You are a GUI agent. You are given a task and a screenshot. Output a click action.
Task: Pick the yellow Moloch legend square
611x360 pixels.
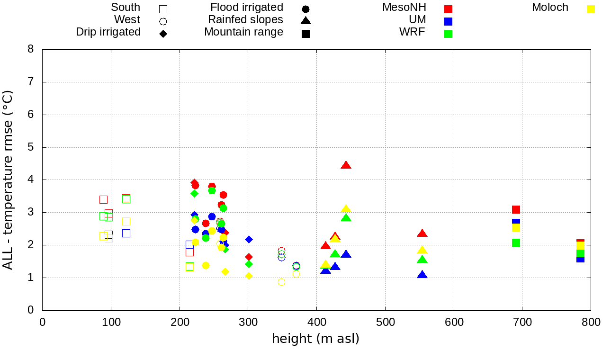pyautogui.click(x=591, y=9)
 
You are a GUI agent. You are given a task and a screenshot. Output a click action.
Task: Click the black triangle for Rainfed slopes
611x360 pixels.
pyautogui.click(x=305, y=20)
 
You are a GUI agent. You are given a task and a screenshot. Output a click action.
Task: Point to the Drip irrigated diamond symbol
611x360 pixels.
pyautogui.click(x=163, y=34)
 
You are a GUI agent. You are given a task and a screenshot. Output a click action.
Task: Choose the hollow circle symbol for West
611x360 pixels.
pyautogui.click(x=163, y=21)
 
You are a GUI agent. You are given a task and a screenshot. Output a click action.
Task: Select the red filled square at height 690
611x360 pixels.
pyautogui.click(x=516, y=209)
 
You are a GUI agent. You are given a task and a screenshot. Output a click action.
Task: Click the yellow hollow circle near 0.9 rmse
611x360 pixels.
pyautogui.click(x=281, y=282)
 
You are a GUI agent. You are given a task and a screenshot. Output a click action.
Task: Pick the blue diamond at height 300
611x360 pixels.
pyautogui.click(x=249, y=239)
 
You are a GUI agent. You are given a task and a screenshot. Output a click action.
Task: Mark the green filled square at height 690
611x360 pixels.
pyautogui.click(x=516, y=243)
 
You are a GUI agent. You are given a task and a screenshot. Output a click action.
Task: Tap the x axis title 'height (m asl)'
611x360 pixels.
pyautogui.click(x=315, y=339)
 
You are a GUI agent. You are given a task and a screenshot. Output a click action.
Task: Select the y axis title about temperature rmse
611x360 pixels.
pyautogui.click(x=8, y=180)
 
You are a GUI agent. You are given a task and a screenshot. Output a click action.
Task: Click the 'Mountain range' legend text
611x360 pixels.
pyautogui.click(x=243, y=32)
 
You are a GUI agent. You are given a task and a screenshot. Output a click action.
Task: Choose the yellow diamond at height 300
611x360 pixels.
pyautogui.click(x=249, y=276)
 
